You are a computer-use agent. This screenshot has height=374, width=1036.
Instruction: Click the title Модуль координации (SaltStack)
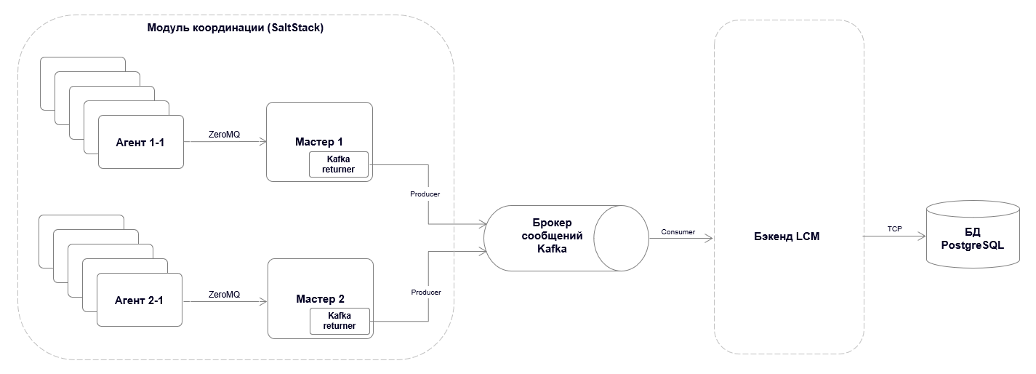235,28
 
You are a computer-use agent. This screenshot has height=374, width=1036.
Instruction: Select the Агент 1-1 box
140,142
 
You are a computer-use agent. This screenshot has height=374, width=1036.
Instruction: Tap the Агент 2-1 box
139,299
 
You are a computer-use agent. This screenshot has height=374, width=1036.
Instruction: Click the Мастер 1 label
318,141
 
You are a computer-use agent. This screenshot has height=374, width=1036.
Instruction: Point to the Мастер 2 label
320,298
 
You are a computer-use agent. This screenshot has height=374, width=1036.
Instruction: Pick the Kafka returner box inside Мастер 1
339,164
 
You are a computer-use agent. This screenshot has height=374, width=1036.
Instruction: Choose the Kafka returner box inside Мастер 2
340,321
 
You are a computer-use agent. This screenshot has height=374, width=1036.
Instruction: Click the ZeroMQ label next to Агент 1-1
224,135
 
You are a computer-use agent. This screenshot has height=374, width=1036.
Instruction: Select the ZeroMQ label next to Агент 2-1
224,294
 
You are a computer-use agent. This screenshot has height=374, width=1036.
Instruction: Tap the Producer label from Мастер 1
425,194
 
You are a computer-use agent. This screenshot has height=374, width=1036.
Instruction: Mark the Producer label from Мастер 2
426,292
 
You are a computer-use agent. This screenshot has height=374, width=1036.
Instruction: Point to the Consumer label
678,231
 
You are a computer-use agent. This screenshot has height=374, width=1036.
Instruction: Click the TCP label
894,228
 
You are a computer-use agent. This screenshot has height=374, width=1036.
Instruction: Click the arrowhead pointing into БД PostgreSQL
922,236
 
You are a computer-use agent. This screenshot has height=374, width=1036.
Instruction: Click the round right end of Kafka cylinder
622,237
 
